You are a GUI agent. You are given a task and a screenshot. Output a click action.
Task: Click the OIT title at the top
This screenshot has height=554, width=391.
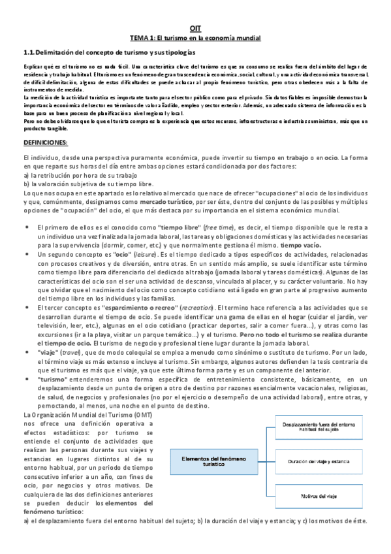(x=195, y=29)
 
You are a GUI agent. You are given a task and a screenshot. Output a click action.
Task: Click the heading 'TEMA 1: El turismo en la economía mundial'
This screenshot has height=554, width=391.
(x=195, y=39)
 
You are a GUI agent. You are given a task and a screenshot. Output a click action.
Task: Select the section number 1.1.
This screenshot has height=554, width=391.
(x=28, y=52)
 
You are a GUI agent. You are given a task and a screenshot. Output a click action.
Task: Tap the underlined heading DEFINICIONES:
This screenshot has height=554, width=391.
(x=49, y=142)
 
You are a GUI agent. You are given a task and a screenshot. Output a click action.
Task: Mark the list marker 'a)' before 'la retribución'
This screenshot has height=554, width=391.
(x=25, y=176)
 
